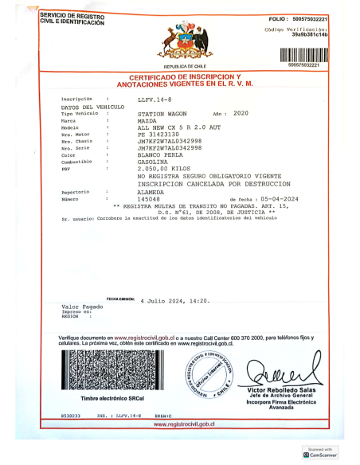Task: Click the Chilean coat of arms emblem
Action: (186, 42)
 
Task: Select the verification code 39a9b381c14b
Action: (310, 35)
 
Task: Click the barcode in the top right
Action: (303, 55)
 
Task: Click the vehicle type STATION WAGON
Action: (162, 114)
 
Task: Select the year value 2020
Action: (241, 114)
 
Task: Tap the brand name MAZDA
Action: (147, 121)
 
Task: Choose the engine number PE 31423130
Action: (159, 135)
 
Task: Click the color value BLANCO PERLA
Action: (160, 154)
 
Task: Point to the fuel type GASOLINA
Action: (152, 162)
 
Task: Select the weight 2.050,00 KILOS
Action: (165, 169)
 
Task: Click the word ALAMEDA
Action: (151, 191)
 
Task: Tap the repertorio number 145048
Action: (149, 198)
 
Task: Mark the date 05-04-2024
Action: (276, 198)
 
